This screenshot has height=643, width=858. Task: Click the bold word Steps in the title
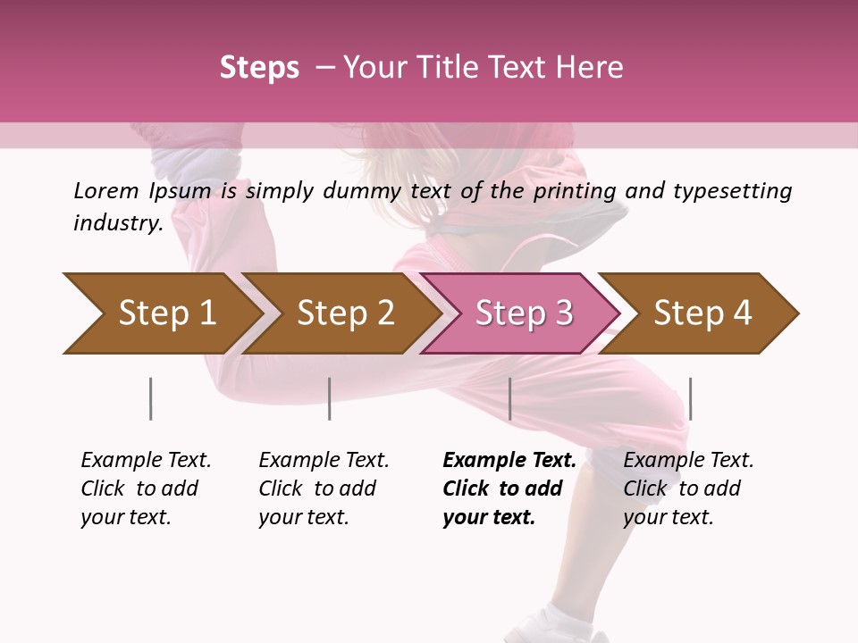259,68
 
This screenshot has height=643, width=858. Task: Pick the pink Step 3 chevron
524,313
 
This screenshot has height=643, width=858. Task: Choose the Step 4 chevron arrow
702,313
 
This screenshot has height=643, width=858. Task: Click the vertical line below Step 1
151,398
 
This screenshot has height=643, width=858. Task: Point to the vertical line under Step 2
330,398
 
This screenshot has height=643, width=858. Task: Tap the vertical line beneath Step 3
509,398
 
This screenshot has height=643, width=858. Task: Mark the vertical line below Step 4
690,398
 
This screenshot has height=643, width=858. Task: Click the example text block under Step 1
146,489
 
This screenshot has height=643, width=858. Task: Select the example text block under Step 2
324,489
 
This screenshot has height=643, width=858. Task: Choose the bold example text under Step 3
509,489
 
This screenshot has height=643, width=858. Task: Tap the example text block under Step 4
688,489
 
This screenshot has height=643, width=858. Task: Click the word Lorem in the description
105,190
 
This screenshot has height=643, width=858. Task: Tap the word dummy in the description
362,191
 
